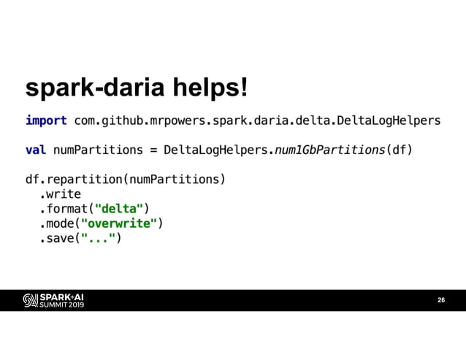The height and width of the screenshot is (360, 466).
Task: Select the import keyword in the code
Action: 46,120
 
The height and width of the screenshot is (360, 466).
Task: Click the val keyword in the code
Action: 36,150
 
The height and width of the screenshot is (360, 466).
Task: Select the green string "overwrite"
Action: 118,223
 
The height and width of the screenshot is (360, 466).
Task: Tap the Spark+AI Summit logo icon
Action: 30,300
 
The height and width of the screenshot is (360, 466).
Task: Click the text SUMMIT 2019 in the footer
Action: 61,305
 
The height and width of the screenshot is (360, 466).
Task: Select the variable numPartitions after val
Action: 96,150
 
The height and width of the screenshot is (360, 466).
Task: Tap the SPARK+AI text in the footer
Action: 61,296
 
